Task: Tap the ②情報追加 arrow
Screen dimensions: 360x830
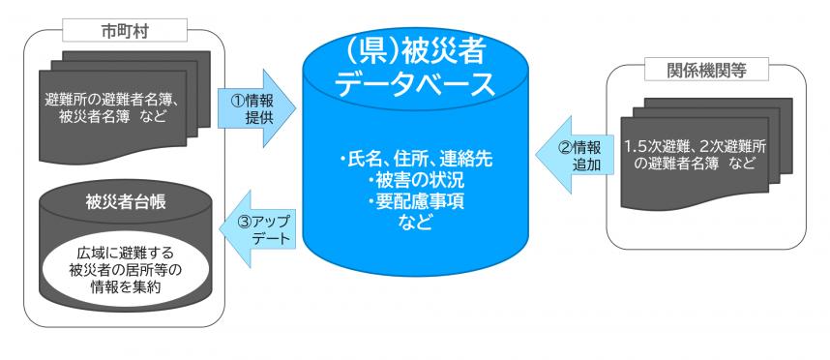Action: pyautogui.click(x=580, y=156)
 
